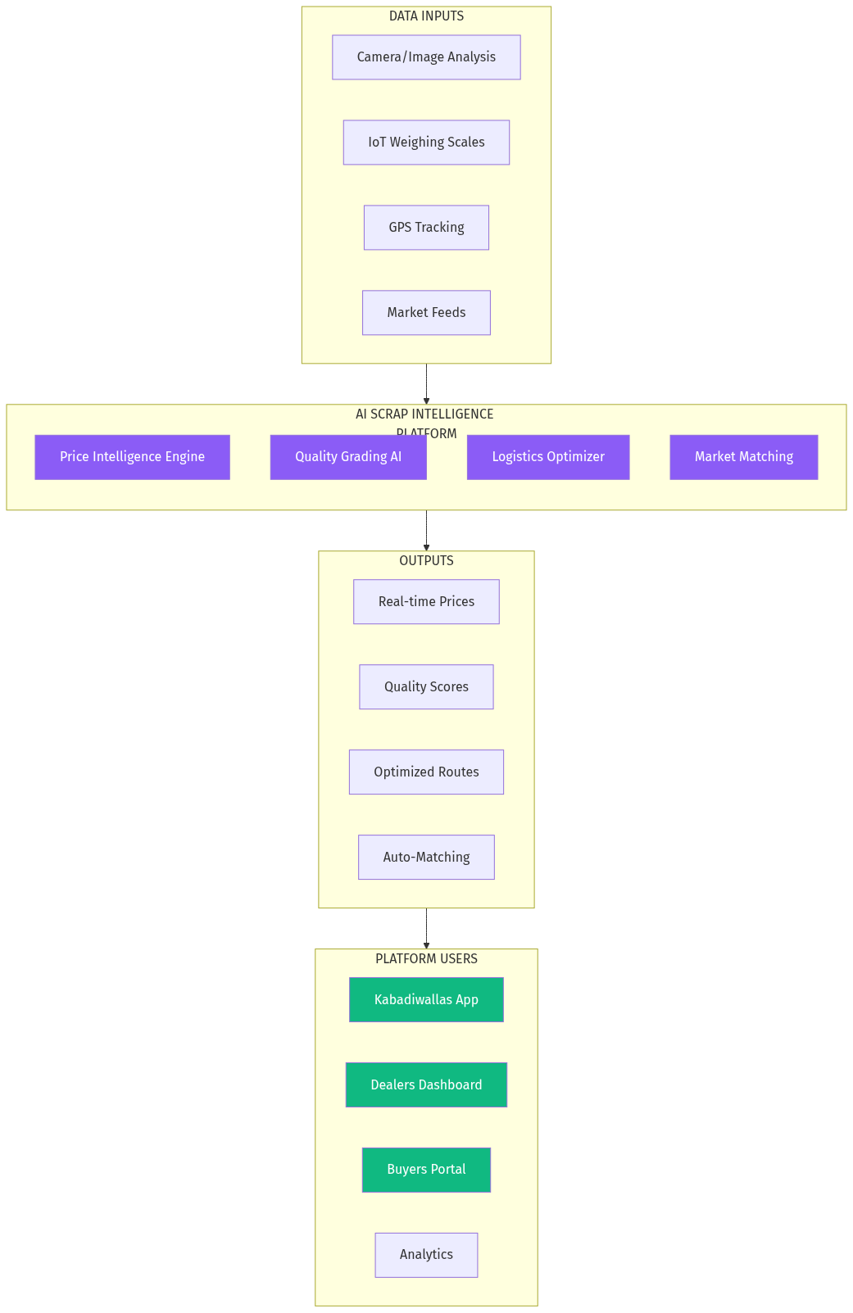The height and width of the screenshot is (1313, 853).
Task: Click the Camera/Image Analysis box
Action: click(x=426, y=57)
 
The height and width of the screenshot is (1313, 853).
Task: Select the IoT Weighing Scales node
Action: click(x=426, y=143)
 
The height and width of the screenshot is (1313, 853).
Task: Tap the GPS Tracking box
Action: click(x=426, y=228)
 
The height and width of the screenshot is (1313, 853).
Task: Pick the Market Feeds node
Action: click(x=426, y=313)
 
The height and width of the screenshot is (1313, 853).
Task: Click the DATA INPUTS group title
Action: click(x=426, y=16)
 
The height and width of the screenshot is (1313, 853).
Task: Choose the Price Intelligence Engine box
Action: click(x=132, y=457)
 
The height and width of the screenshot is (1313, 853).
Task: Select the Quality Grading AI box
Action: click(x=348, y=457)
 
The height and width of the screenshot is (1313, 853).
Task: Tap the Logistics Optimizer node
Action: click(x=548, y=457)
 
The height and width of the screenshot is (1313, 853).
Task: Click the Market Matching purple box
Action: click(x=743, y=457)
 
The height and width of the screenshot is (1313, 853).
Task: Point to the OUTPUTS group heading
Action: click(x=426, y=561)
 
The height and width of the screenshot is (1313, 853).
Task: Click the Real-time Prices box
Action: click(x=426, y=602)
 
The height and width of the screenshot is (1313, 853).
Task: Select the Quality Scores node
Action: click(x=426, y=687)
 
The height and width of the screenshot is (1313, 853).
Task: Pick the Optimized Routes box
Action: click(x=426, y=772)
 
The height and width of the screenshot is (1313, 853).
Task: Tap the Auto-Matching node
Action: click(x=426, y=858)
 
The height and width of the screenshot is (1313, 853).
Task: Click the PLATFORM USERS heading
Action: click(x=426, y=959)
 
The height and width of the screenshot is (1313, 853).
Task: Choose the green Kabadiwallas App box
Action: click(x=426, y=1000)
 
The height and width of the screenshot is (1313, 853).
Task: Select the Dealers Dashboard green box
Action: click(x=426, y=1085)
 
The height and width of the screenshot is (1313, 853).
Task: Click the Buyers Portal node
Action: click(x=426, y=1170)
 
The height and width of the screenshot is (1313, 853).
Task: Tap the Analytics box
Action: click(x=426, y=1255)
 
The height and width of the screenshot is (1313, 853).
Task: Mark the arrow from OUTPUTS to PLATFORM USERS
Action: click(x=426, y=928)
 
